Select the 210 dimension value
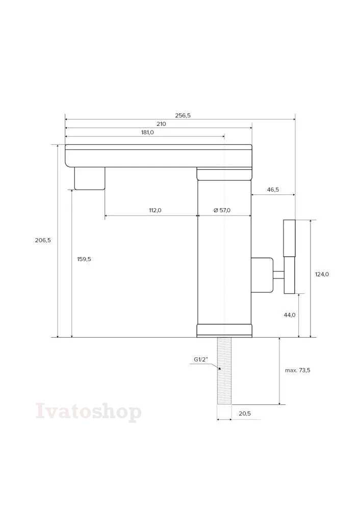(161, 124)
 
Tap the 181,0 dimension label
(147, 133)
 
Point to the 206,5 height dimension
(43, 240)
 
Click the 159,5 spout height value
(84, 259)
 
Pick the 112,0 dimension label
(155, 210)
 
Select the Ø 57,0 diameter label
(222, 210)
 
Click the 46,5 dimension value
(273, 190)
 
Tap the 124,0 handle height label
(322, 274)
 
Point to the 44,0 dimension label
(290, 315)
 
